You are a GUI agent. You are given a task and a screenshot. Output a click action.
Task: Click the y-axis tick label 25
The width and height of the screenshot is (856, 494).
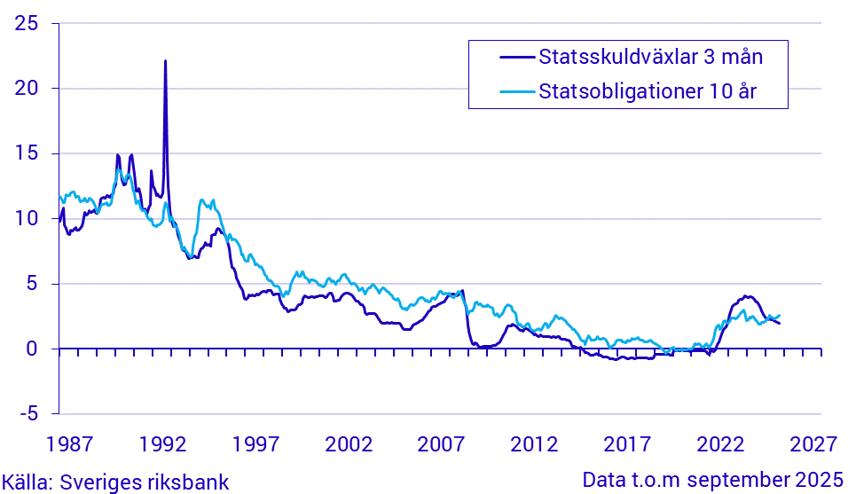coord(27,23)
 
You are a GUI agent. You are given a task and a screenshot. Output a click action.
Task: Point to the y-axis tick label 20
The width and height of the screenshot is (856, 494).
coord(27,88)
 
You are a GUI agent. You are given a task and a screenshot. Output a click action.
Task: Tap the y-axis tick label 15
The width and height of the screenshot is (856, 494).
coord(27,153)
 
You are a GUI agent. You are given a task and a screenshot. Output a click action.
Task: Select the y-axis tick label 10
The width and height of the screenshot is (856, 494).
coord(27,218)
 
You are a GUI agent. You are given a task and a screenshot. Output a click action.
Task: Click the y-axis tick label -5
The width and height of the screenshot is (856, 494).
coord(27,413)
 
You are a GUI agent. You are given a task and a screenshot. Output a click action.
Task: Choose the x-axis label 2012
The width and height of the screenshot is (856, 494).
coord(536,443)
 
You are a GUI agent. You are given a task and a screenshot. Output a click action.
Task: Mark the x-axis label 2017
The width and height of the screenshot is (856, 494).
coord(628,443)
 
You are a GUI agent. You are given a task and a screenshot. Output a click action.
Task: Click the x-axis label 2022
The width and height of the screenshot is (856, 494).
coord(720,443)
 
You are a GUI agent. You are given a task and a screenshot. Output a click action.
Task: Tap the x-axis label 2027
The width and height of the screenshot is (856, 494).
coord(813,443)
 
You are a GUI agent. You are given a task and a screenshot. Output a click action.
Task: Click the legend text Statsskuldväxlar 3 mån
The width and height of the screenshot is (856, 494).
coord(651,58)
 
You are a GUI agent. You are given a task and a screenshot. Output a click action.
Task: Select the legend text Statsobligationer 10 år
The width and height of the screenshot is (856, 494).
coord(648,90)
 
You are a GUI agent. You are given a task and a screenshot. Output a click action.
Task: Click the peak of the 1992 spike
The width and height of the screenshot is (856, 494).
coord(165,61)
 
